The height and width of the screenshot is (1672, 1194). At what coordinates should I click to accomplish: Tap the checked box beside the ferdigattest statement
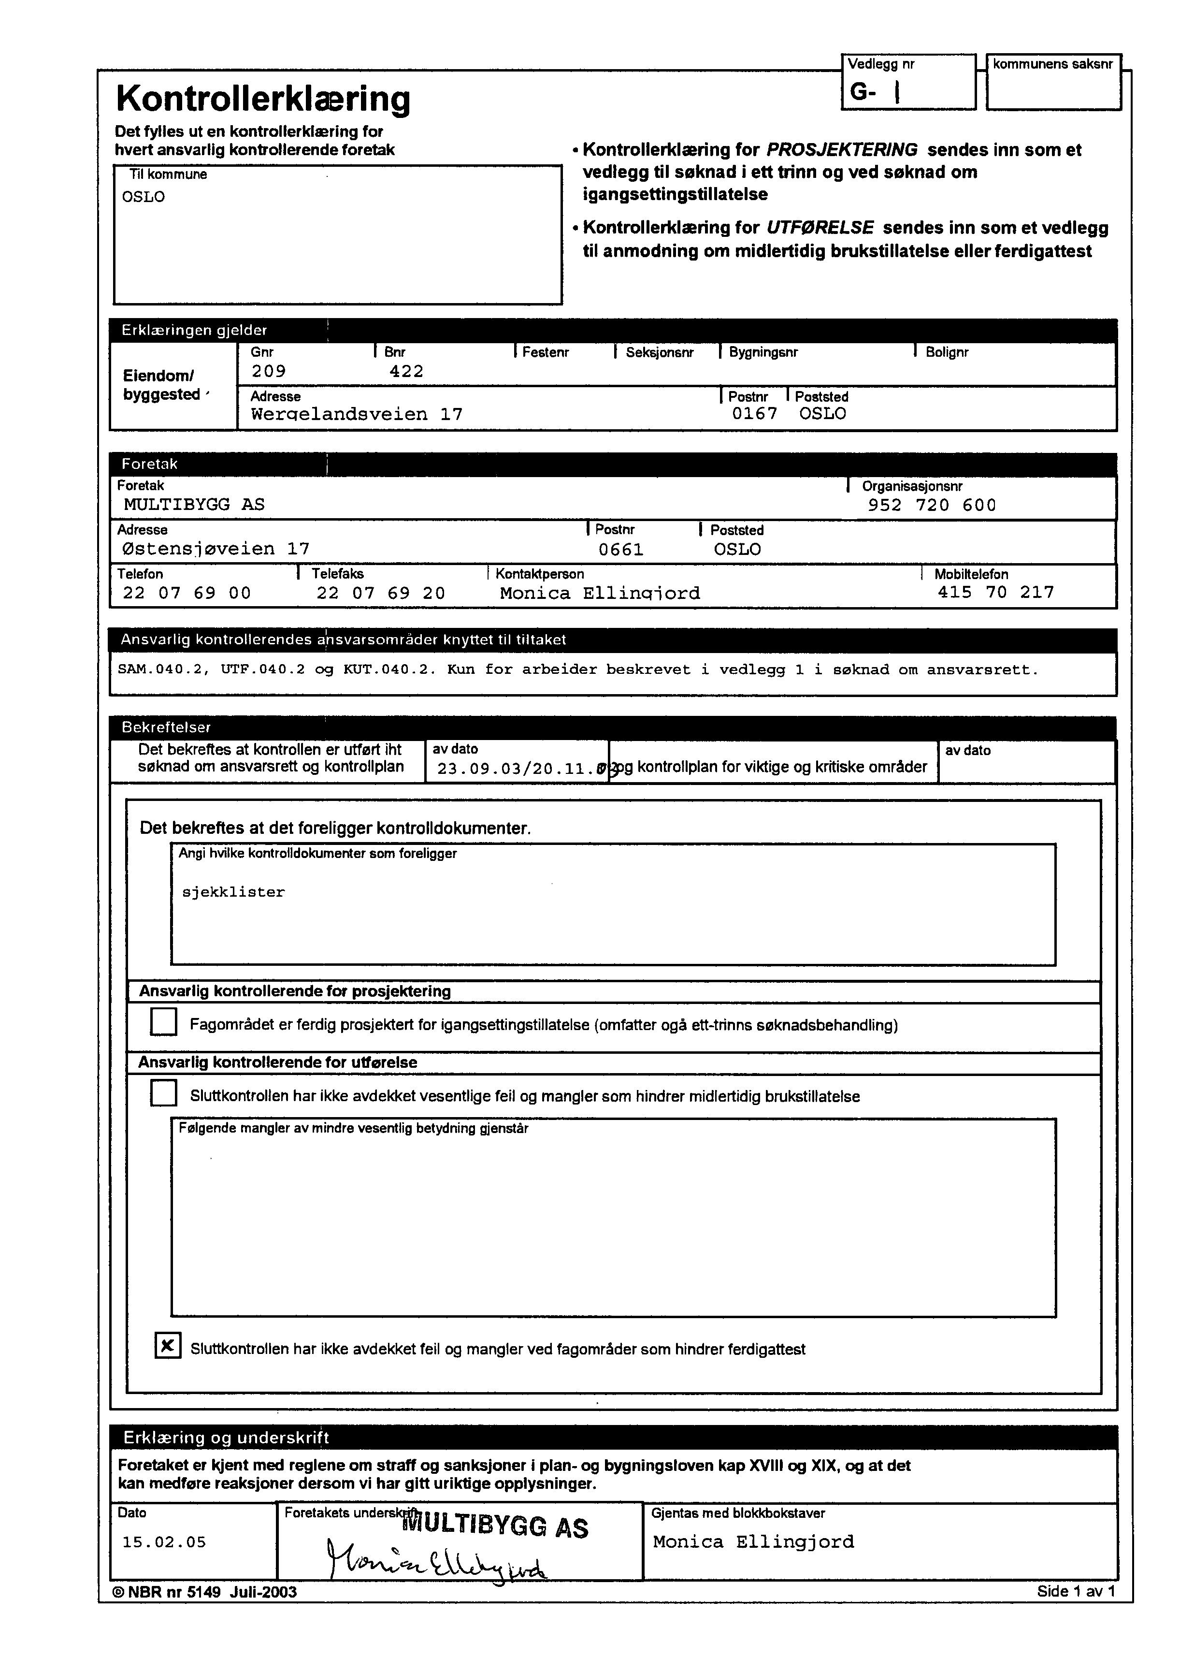168,1346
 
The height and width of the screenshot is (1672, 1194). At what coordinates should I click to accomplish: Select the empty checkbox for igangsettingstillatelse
163,1021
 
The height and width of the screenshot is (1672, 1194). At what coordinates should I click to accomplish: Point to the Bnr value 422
406,371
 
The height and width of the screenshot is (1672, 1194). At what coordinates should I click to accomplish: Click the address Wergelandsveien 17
357,414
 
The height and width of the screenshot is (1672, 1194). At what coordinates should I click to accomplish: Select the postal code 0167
754,413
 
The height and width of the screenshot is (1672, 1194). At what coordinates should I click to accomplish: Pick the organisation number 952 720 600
932,505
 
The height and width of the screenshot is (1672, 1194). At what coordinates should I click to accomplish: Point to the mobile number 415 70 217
995,592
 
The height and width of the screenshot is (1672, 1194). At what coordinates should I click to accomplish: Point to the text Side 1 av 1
1076,1591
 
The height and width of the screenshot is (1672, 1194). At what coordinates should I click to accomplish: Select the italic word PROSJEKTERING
841,150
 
